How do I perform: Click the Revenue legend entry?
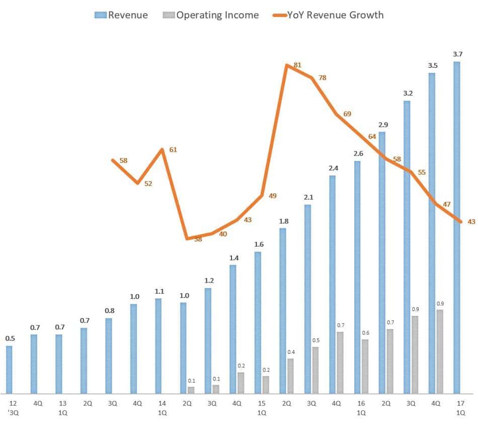click(121, 15)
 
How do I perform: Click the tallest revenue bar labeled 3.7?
click(457, 227)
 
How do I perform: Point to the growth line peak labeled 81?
click(286, 65)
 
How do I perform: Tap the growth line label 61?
click(173, 150)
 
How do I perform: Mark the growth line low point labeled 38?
click(187, 238)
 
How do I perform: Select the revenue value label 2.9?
click(382, 124)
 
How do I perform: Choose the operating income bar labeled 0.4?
click(290, 376)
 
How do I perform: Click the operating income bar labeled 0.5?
click(315, 370)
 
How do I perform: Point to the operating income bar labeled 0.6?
click(365, 366)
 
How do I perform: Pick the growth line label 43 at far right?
click(471, 221)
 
